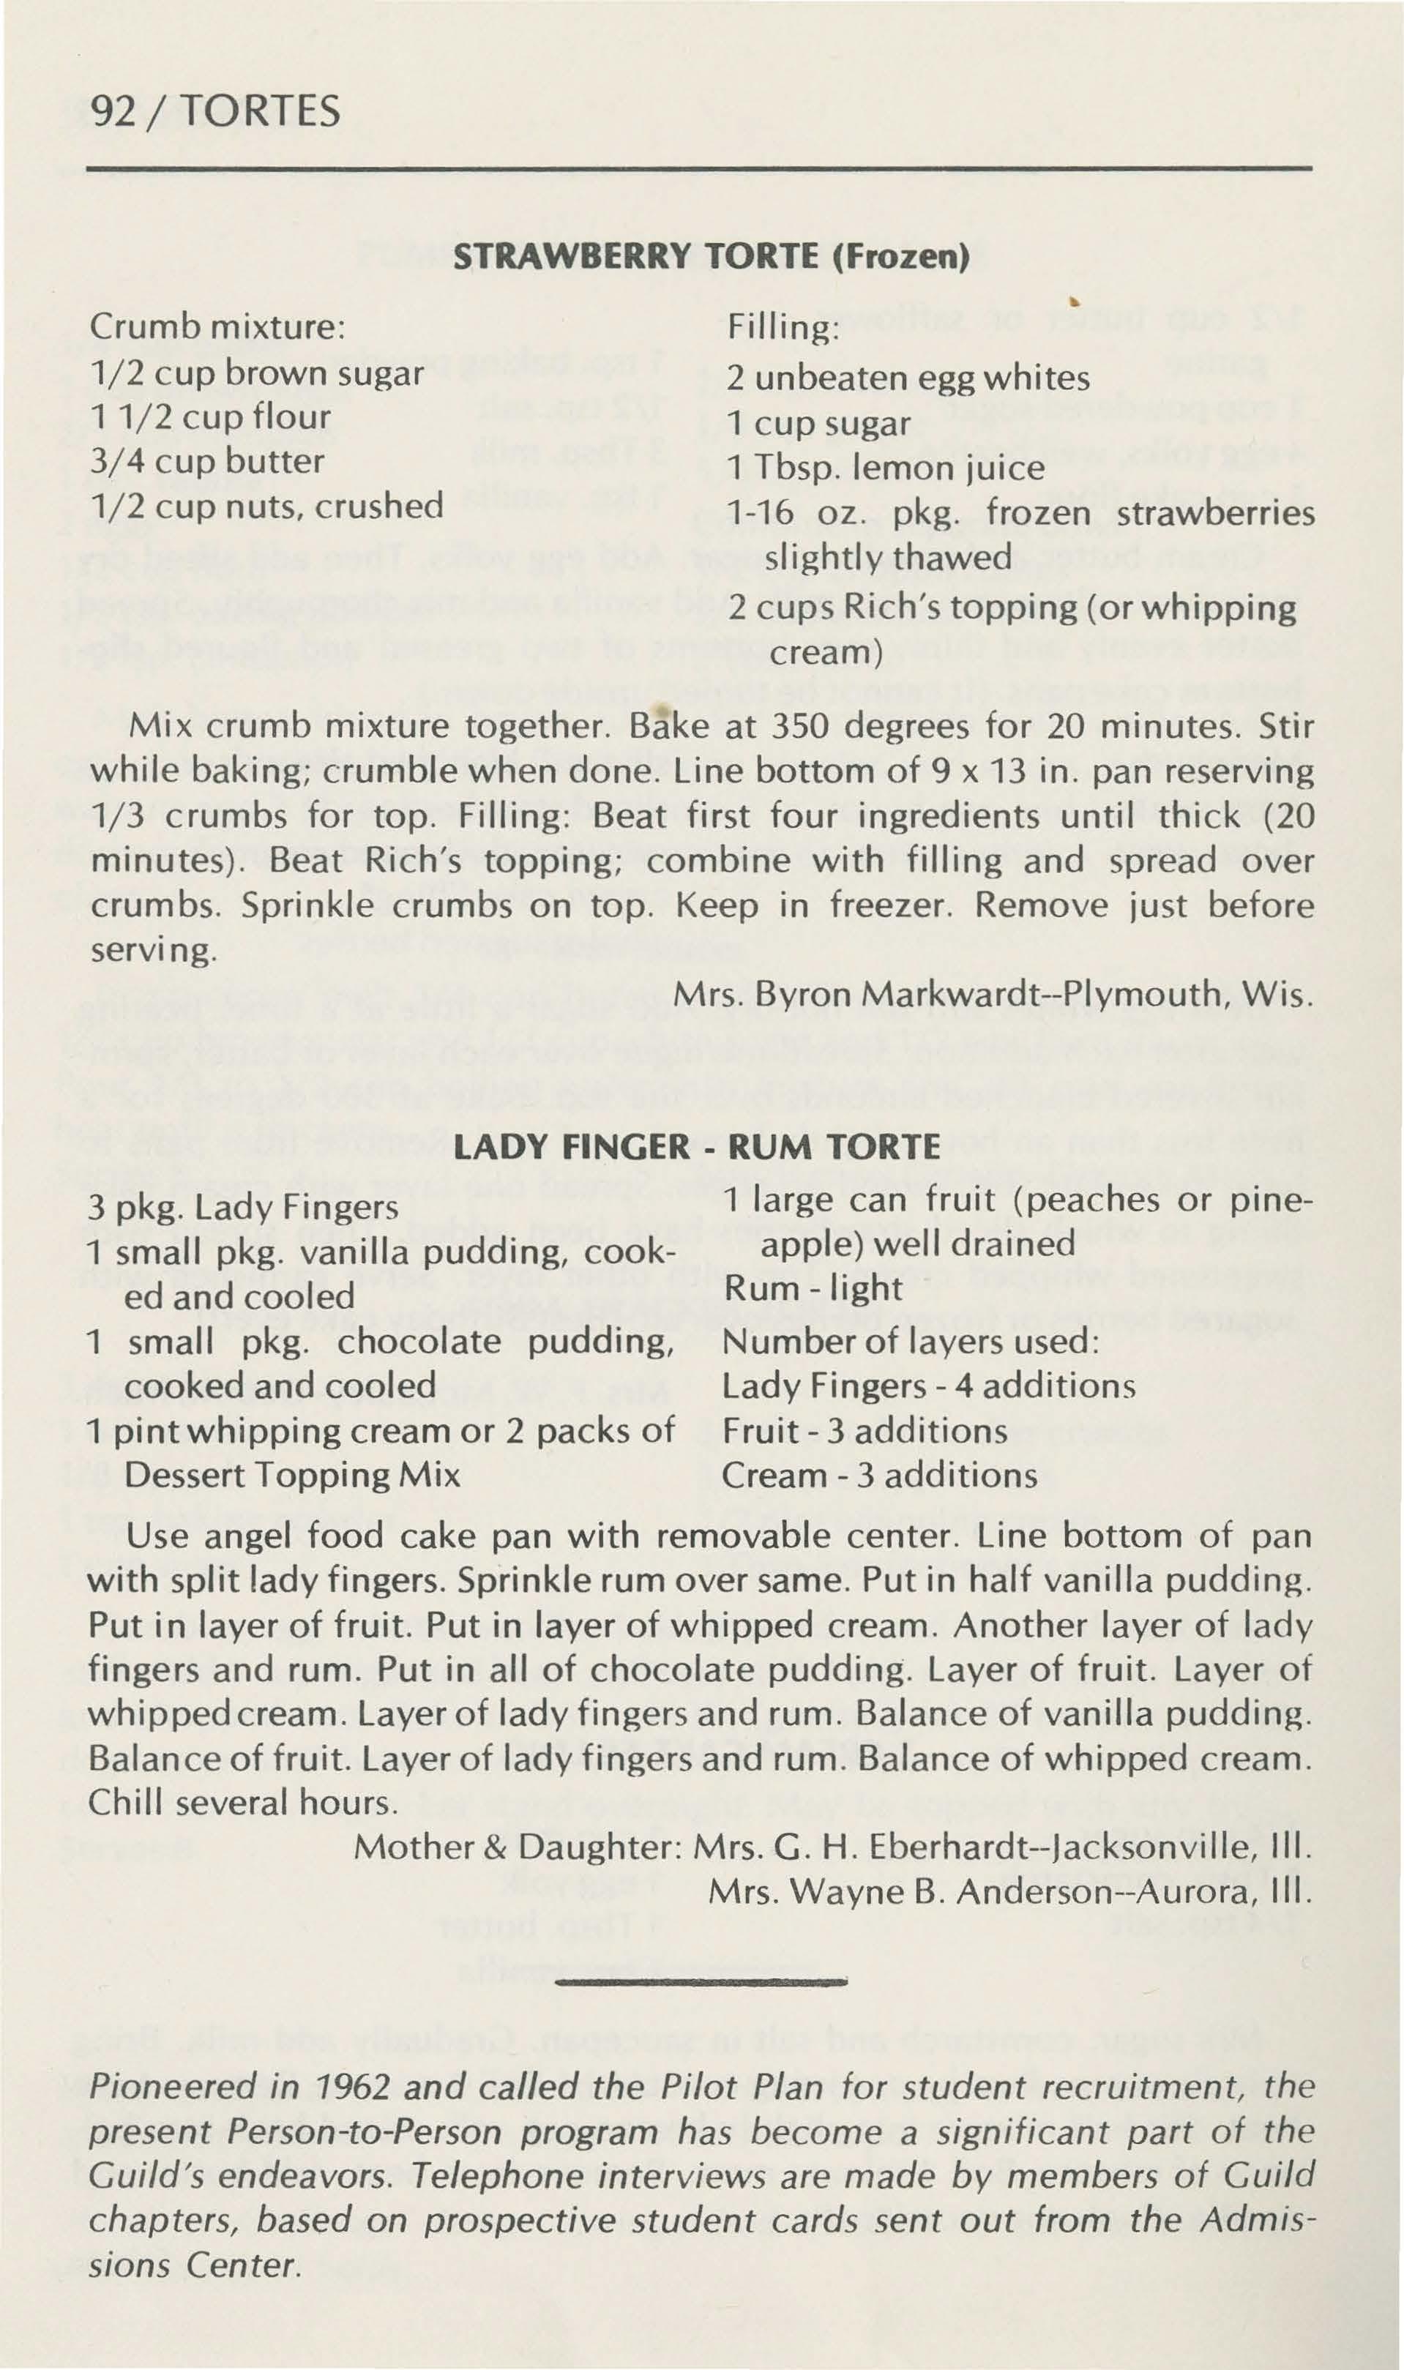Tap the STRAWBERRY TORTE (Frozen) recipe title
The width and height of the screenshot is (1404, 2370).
(712, 257)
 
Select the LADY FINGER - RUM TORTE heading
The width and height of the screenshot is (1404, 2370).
(698, 1147)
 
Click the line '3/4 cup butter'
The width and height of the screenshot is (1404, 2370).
(207, 462)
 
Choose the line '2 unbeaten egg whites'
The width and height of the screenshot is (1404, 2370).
(908, 378)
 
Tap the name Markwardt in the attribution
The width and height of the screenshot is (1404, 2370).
(958, 994)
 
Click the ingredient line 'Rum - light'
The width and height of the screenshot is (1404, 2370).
(813, 1288)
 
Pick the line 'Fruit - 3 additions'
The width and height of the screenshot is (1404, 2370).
(865, 1431)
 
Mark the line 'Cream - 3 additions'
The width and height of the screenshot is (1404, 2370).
(879, 1476)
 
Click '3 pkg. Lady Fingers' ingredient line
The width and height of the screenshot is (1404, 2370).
(243, 1208)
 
